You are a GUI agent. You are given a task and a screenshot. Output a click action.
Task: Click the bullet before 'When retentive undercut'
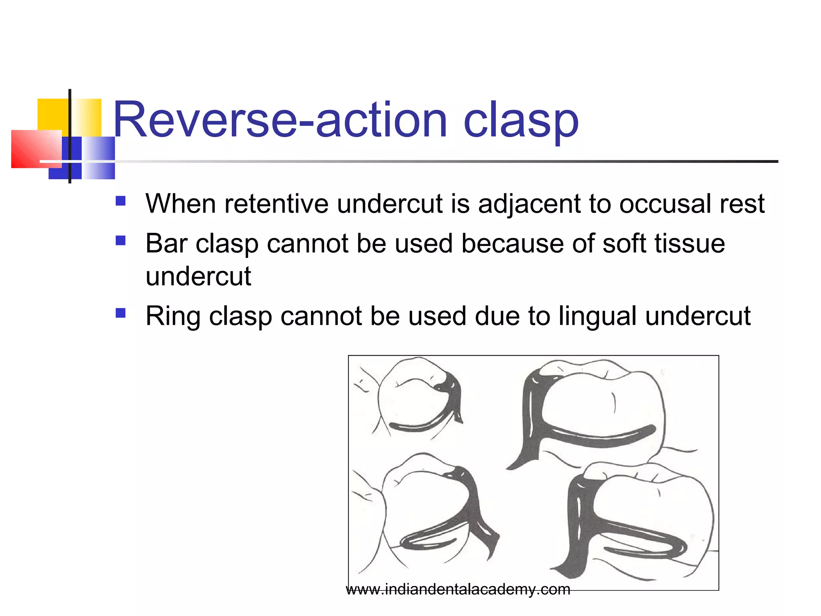121,201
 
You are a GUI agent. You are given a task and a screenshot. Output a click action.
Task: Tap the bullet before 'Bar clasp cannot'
121,241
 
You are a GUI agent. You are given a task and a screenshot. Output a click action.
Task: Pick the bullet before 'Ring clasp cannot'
121,313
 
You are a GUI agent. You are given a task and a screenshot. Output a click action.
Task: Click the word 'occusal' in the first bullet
666,204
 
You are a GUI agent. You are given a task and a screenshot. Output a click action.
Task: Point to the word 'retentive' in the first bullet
277,204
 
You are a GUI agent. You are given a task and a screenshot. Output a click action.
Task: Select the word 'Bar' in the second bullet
166,243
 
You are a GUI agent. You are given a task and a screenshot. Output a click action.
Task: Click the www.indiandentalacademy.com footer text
458,590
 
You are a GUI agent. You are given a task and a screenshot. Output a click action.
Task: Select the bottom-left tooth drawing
425,513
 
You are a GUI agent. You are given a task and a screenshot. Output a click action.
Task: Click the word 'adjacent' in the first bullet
529,204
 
